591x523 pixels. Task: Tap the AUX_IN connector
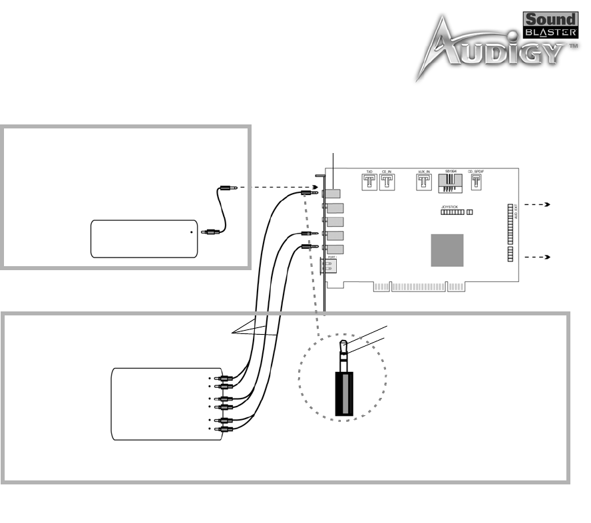[x=423, y=181]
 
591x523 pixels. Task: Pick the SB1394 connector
[x=450, y=182]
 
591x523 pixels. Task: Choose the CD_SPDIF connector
[x=477, y=181]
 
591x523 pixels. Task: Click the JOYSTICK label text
[x=451, y=207]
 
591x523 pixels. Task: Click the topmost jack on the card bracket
[x=332, y=194]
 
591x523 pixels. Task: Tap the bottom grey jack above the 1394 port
[x=333, y=250]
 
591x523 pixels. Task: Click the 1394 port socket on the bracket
[x=330, y=266]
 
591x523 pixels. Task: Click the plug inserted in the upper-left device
[x=209, y=233]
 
